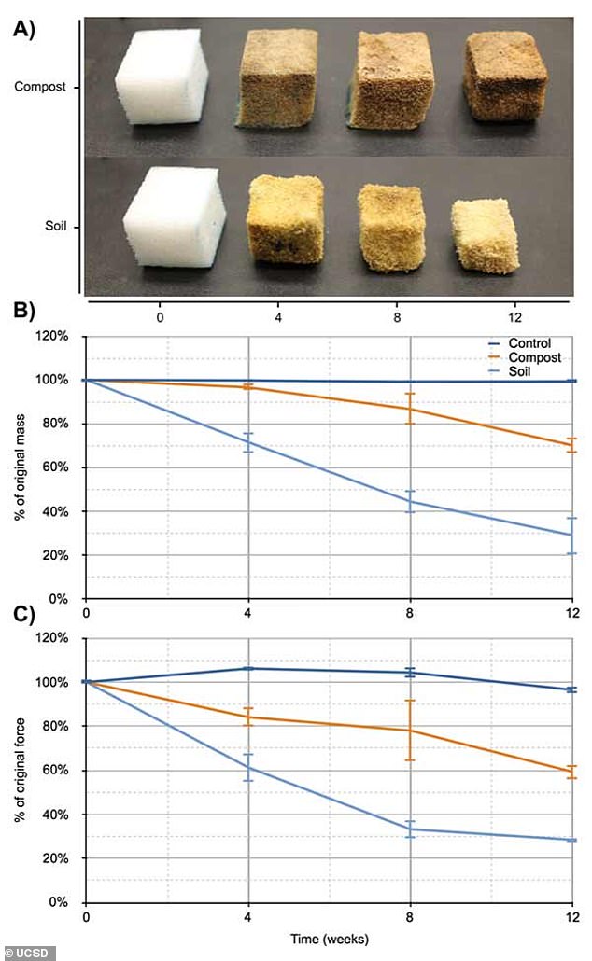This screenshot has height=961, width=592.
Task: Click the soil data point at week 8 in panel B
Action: [410, 502]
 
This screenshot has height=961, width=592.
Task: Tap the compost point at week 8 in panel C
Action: [410, 731]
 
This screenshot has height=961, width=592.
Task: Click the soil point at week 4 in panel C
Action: [248, 768]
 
